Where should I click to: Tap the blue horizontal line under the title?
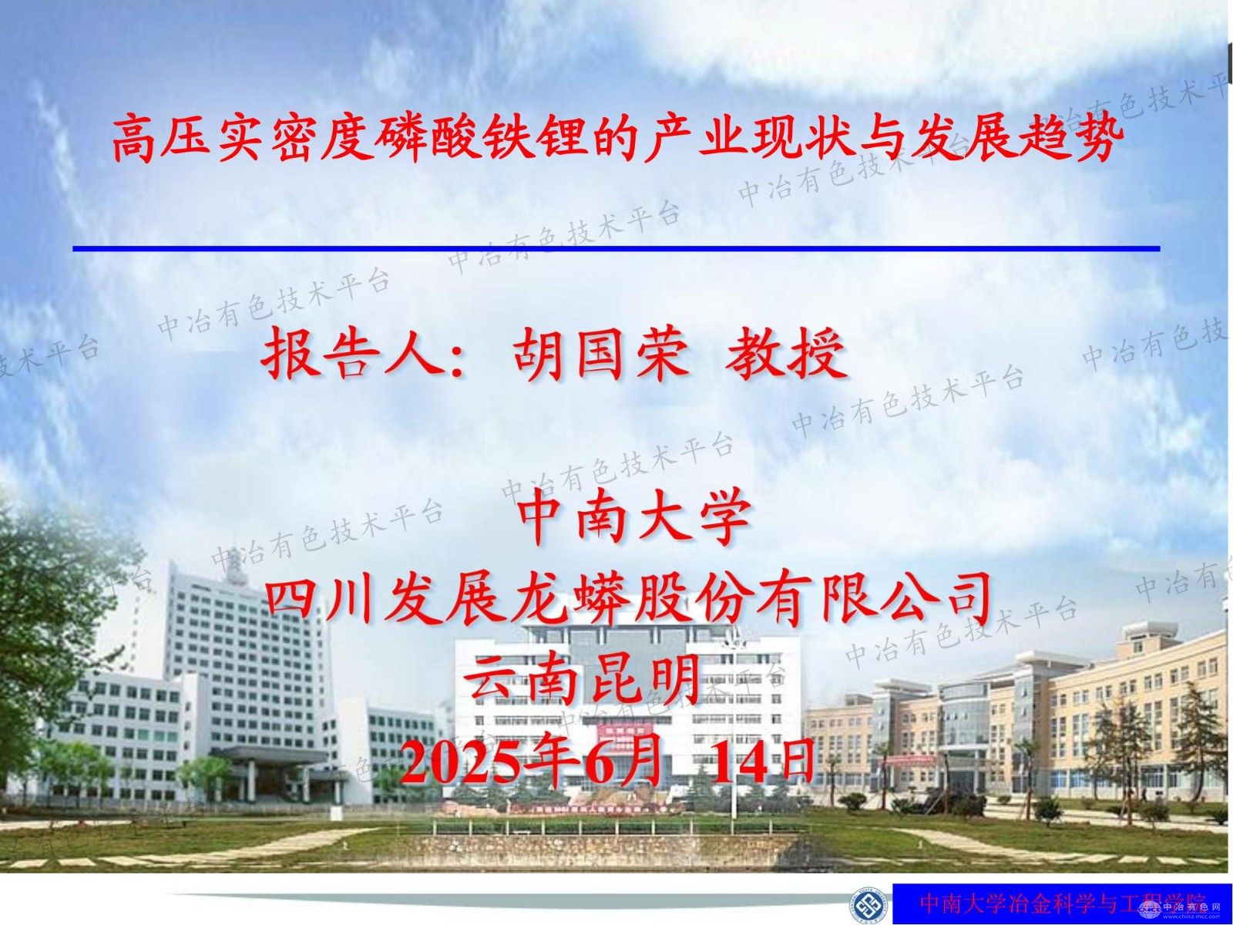point(616,248)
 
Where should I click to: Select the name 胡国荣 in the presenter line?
point(600,355)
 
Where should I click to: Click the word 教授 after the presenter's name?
point(786,355)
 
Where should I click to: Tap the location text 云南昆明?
point(583,678)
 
